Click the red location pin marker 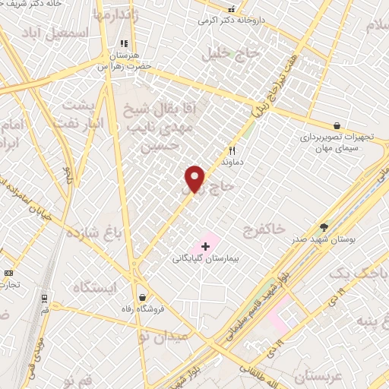tap(195, 179)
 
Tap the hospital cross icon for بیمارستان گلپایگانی tap(205, 246)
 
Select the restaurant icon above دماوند tap(232, 150)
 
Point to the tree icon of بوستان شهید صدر tap(324, 226)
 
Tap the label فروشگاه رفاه tap(141, 309)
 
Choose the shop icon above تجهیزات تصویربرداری tap(337, 125)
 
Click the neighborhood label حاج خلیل tap(231, 54)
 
